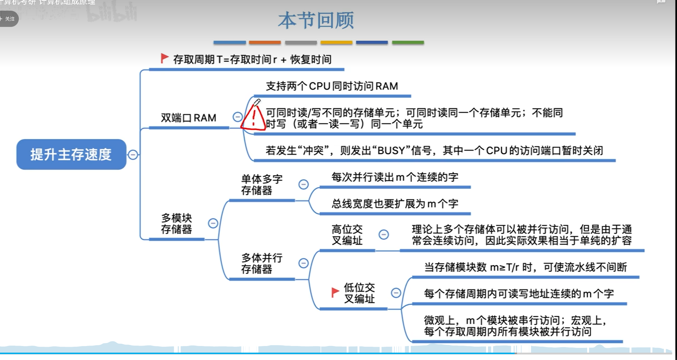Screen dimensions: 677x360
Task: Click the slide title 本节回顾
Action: pos(316,21)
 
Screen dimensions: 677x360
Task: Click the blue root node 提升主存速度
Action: pos(71,154)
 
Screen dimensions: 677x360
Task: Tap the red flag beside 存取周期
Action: pos(164,58)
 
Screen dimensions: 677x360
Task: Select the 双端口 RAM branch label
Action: pos(188,118)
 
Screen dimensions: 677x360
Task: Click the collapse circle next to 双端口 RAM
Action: pos(238,117)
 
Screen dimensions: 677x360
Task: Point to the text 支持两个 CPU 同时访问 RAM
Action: pos(332,86)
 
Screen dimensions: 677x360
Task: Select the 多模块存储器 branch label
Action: pos(176,224)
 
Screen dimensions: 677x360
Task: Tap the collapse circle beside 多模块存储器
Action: pos(213,223)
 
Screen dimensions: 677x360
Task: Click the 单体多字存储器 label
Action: pos(262,185)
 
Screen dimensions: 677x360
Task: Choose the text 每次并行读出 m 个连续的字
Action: pos(394,177)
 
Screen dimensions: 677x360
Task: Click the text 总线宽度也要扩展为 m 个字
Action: pos(394,204)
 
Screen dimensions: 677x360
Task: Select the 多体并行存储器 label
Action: pos(262,263)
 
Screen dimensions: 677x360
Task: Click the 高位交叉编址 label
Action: pos(347,235)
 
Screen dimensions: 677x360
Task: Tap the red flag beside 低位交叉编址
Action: pos(335,293)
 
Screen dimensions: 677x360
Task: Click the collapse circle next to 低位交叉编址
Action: pos(396,293)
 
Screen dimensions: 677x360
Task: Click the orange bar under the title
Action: pos(265,43)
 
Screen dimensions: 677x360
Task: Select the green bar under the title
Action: pos(408,43)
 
